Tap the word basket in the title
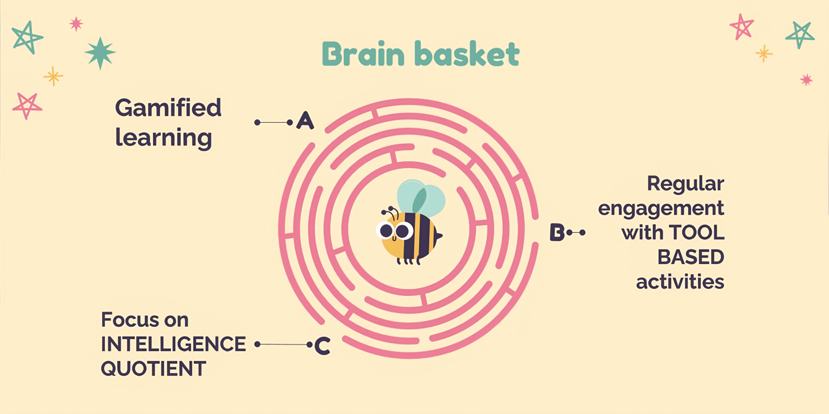click(x=468, y=54)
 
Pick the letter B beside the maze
click(x=557, y=232)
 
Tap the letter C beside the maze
click(x=323, y=346)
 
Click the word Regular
click(x=685, y=184)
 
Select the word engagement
click(x=661, y=209)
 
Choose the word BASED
click(x=691, y=257)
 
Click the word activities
click(x=680, y=282)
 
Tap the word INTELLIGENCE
click(x=174, y=344)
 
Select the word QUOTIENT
click(x=153, y=368)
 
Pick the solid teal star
click(x=100, y=53)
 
